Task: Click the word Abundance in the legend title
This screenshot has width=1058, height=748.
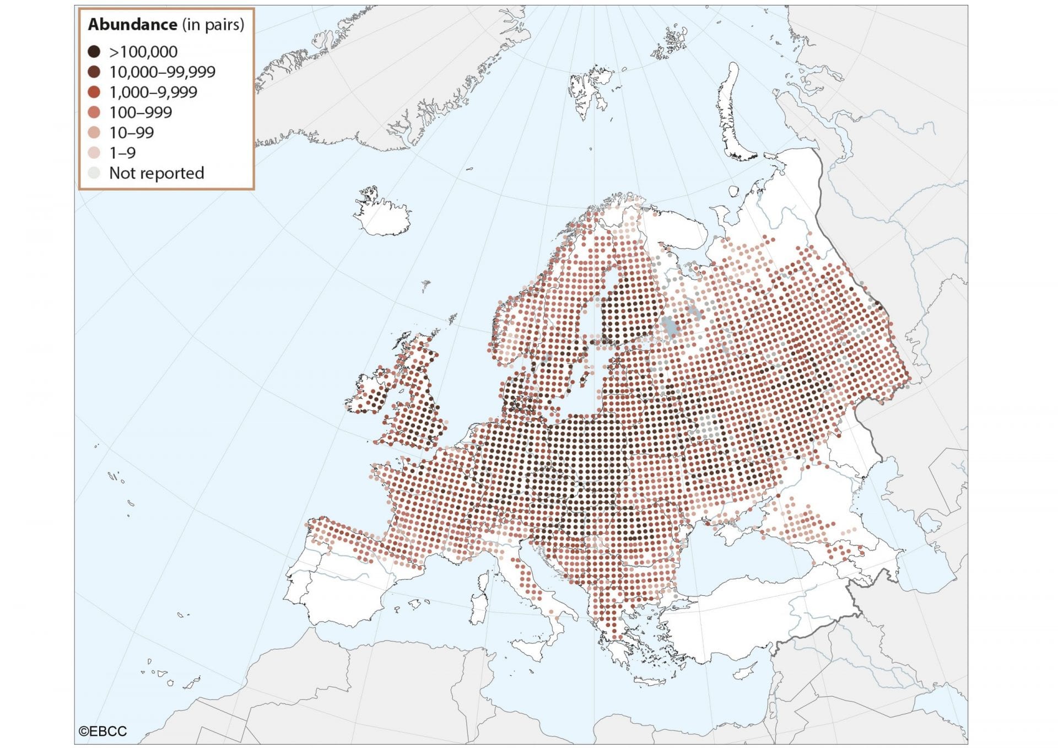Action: click(x=132, y=25)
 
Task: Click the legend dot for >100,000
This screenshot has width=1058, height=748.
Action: click(x=94, y=52)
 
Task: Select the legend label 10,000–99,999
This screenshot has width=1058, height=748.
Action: click(x=162, y=72)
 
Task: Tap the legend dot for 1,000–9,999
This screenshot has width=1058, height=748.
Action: click(x=94, y=92)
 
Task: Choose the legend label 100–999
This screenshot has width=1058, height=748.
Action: click(x=141, y=112)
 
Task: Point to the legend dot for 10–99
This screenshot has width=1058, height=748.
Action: click(x=94, y=133)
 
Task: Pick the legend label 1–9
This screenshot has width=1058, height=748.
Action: click(x=122, y=153)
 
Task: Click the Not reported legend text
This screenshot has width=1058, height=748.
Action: click(x=156, y=173)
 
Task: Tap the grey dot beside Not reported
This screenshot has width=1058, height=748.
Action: click(x=94, y=173)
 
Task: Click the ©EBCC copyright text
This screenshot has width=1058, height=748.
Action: click(x=103, y=731)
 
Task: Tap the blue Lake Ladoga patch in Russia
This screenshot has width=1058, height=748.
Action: click(x=671, y=328)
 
